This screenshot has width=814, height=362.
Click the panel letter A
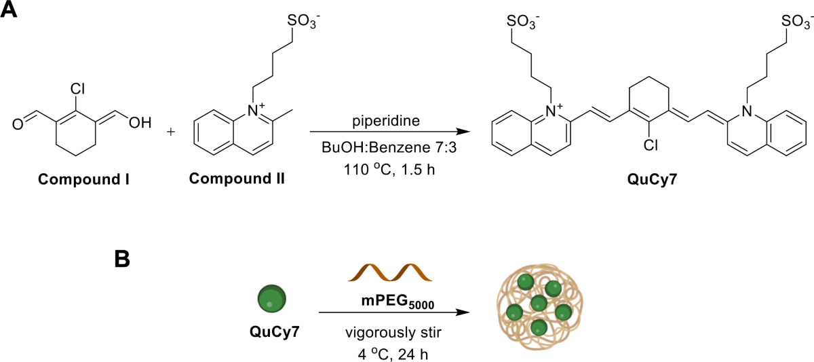click(x=8, y=9)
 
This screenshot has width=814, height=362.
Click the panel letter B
click(x=122, y=259)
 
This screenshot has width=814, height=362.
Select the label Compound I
click(x=83, y=179)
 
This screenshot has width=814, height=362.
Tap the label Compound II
click(x=237, y=178)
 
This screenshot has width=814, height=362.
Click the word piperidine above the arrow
click(x=386, y=121)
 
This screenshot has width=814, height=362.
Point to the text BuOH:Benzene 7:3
click(x=389, y=147)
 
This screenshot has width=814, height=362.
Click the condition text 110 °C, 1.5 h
click(x=389, y=170)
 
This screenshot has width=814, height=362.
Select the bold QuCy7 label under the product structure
click(x=653, y=179)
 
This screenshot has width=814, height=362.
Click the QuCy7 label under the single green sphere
click(x=274, y=331)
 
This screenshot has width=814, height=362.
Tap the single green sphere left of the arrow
click(x=272, y=299)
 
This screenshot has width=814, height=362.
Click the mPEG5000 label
click(x=398, y=302)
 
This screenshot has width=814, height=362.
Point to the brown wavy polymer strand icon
click(x=390, y=272)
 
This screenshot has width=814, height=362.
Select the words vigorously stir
click(x=393, y=332)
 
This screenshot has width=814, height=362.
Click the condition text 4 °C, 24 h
click(x=393, y=355)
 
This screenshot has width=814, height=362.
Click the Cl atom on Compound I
click(x=77, y=89)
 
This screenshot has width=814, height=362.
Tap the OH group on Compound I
click(x=140, y=123)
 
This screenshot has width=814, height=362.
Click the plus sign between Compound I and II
click(x=170, y=131)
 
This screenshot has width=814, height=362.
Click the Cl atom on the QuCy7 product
click(x=651, y=145)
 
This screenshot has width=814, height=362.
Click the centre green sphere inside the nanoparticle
click(x=539, y=303)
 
